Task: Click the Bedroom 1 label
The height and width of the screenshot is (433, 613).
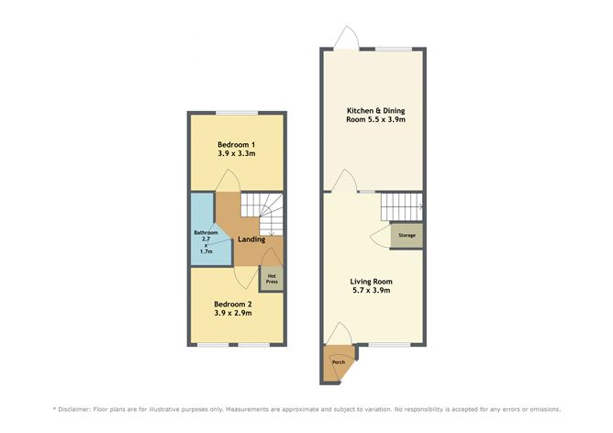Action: click(x=236, y=145)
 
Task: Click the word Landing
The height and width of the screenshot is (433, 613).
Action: click(x=251, y=240)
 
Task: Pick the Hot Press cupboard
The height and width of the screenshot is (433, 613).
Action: click(x=272, y=277)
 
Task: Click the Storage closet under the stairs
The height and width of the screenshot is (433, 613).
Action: click(x=407, y=236)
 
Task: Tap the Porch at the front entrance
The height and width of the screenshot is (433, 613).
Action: click(x=338, y=361)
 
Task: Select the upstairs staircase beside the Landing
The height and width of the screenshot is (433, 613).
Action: click(x=272, y=216)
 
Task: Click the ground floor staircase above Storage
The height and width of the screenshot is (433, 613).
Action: click(x=401, y=206)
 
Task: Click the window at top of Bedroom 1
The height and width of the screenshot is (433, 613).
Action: click(x=237, y=113)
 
